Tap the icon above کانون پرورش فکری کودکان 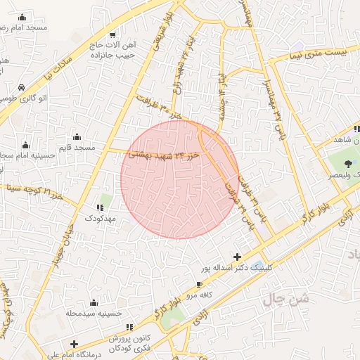[x=129, y=328]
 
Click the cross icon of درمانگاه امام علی [x=74, y=344]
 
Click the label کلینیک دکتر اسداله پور [x=235, y=269]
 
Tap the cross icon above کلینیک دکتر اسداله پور [x=237, y=257]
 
